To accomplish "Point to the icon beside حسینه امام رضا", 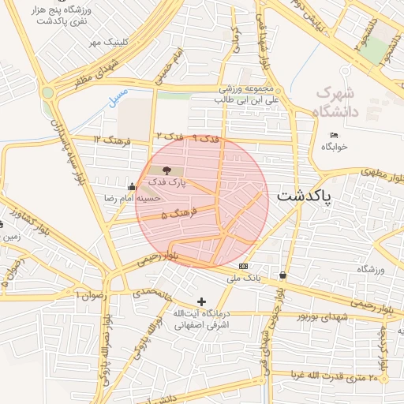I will coord(131,187).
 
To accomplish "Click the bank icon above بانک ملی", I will coord(242,266).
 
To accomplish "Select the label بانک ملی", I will coord(243,279).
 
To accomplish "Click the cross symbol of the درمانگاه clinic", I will coord(202,301).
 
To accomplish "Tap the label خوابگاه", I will coord(335,148).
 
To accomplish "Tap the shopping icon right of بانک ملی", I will coord(282,275).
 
